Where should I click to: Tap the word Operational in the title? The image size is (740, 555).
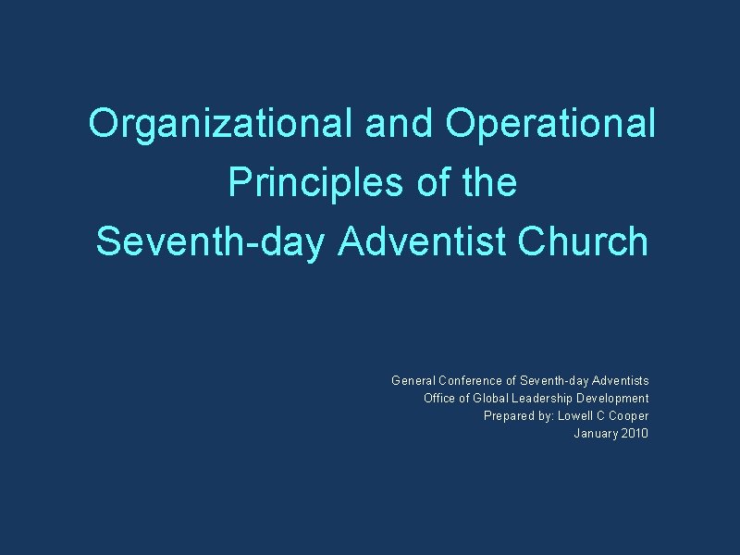pyautogui.click(x=550, y=123)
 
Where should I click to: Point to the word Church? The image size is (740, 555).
pyautogui.click(x=584, y=241)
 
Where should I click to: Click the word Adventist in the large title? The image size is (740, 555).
pyautogui.click(x=423, y=241)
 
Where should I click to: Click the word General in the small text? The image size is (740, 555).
pyautogui.click(x=413, y=380)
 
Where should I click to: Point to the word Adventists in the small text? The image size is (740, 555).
pyautogui.click(x=620, y=380)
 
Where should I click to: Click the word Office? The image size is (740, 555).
pyautogui.click(x=439, y=398)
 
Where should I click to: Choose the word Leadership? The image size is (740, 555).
pyautogui.click(x=547, y=398)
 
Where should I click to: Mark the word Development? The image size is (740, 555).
pyautogui.click(x=614, y=398)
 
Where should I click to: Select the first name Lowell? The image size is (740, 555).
pyautogui.click(x=576, y=415)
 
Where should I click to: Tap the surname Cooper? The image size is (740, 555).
pyautogui.click(x=629, y=415)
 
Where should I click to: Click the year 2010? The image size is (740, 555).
pyautogui.click(x=635, y=433)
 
